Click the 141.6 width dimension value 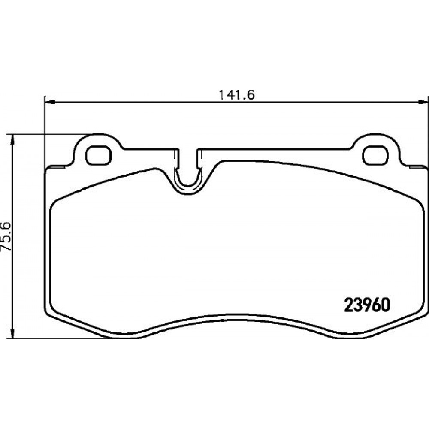[x=237, y=95]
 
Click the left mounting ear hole [x=99, y=155]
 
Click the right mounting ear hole [x=376, y=155]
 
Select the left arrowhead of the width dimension [x=50, y=103]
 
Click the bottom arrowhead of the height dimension [x=12, y=332]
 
